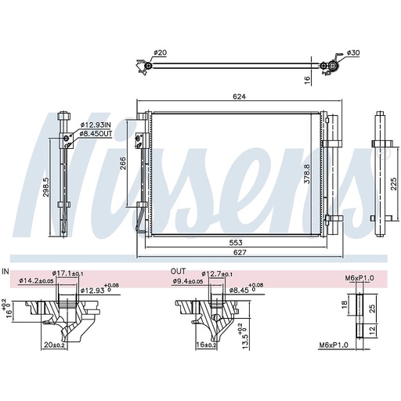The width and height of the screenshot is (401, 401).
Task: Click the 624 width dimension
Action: [240, 96]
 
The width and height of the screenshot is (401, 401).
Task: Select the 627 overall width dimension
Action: [240, 252]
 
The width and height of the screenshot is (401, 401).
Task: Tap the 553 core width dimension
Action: [236, 243]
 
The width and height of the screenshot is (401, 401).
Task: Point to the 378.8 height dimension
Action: [307, 174]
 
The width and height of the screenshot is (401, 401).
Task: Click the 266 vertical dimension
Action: [123, 163]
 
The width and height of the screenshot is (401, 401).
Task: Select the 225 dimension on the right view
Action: [394, 184]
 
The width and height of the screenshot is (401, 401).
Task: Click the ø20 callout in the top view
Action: [160, 52]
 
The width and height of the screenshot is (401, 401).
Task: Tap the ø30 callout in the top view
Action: [353, 52]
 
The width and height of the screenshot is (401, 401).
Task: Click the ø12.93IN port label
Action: [96, 125]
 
